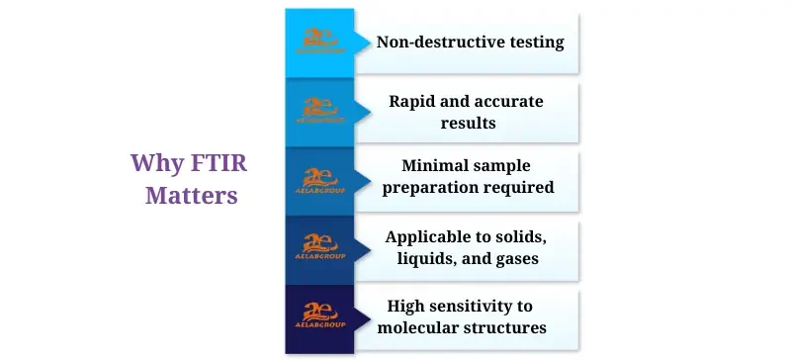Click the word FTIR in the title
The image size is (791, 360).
click(x=209, y=162)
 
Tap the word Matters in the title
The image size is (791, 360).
click(x=192, y=195)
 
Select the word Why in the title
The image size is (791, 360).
click(x=153, y=162)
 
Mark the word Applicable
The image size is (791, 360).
click(x=429, y=236)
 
